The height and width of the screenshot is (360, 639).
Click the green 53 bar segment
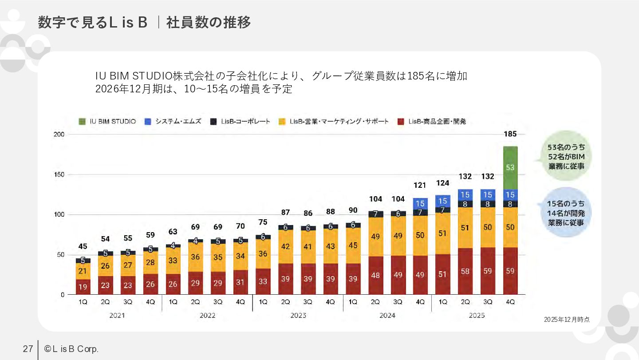pos(510,168)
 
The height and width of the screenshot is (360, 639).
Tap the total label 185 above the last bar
pos(510,134)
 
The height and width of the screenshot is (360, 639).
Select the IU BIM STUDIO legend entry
pos(107,122)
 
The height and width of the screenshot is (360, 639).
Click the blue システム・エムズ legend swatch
pos(148,122)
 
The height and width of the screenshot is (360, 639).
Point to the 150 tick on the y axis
pos(59,174)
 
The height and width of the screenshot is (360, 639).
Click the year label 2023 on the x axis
pos(298,316)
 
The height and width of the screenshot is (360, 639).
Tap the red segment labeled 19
pos(83,287)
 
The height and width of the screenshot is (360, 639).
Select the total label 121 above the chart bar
pos(420,186)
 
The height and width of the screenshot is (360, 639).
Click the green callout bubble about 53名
pos(566,156)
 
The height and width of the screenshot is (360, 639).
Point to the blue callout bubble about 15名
pos(566,213)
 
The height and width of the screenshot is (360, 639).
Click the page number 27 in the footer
pos(28,349)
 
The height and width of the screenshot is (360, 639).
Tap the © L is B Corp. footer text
pos(71,349)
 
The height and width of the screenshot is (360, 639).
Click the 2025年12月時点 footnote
pos(567,320)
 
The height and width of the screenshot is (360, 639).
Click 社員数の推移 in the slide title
pos(209,22)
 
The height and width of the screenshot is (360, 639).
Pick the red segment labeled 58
pos(465,271)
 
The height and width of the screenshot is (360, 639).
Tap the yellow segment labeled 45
pos(353,245)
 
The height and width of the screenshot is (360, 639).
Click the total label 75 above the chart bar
pos(263,222)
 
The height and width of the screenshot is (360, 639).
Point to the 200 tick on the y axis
pos(59,135)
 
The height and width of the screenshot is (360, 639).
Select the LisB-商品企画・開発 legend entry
pos(432,122)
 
